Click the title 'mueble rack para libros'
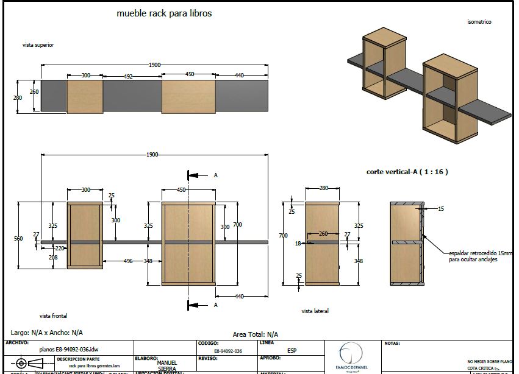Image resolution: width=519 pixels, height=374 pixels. (164, 13)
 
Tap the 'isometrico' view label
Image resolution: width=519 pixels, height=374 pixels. (479, 22)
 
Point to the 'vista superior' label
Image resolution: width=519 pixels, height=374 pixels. (38, 45)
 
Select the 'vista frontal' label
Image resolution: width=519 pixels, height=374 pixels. (53, 316)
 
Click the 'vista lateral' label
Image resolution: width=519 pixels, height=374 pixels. (315, 311)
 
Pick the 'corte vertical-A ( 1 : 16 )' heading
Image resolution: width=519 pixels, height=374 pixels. (407, 172)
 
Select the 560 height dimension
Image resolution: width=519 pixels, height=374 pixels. (18, 239)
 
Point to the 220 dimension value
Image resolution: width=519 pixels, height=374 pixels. (60, 249)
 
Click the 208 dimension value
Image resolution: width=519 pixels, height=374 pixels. (53, 258)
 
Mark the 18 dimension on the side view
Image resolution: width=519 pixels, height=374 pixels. (298, 243)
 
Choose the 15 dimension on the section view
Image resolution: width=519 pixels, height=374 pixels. (441, 209)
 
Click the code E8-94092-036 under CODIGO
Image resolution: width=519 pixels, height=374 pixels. (228, 351)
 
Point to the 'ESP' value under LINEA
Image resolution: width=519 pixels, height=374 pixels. (292, 351)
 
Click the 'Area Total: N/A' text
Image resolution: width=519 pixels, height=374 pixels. (256, 334)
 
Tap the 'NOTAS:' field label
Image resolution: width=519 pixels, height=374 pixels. (392, 344)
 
